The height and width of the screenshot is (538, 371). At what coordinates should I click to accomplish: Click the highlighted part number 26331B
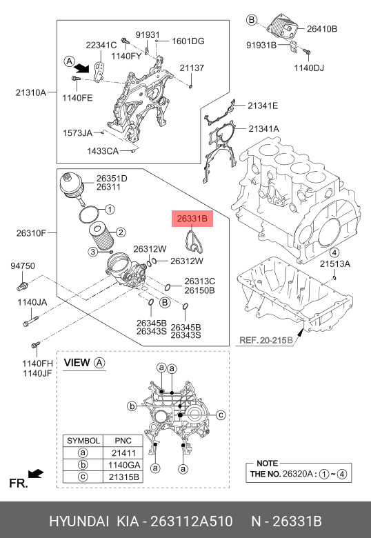[x=192, y=219]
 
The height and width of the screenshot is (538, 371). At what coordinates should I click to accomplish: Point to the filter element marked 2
[x=101, y=236]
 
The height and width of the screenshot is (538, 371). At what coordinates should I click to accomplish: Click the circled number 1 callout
[x=110, y=209]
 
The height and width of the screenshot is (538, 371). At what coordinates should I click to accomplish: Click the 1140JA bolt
[x=30, y=321]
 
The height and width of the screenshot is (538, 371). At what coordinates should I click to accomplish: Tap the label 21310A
[x=31, y=92]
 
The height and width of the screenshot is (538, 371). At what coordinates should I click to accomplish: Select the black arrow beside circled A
[x=82, y=68]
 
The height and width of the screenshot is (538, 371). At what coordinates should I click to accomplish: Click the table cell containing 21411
[x=123, y=453]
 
